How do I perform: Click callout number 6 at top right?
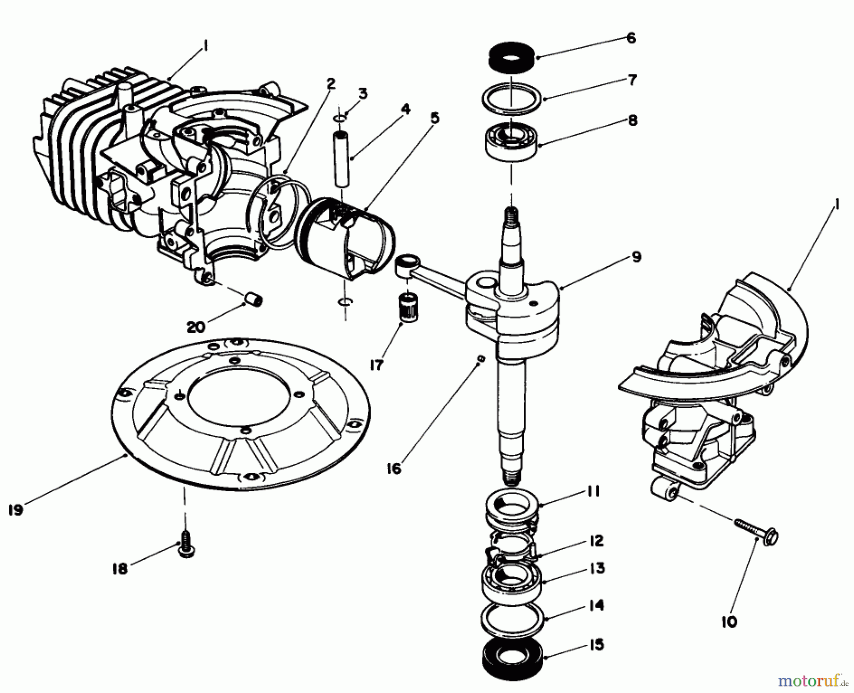(x=631, y=38)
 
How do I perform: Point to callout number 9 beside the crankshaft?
(x=637, y=257)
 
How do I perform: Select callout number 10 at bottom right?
(x=729, y=622)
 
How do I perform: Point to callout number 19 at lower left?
(x=16, y=511)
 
